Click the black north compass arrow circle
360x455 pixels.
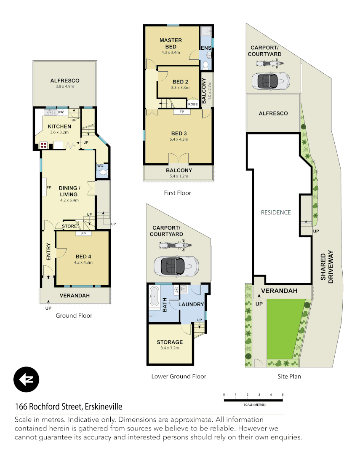[26, 380]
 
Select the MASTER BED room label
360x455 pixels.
[171, 43]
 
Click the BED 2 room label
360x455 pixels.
[180, 82]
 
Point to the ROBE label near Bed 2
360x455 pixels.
[193, 104]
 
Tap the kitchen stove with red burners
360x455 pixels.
[43, 145]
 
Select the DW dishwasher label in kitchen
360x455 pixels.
[61, 112]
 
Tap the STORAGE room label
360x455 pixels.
[170, 342]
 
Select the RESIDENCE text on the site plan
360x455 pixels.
[276, 212]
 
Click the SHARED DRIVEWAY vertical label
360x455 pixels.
[327, 268]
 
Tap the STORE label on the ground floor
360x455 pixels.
[69, 226]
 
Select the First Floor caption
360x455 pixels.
[177, 193]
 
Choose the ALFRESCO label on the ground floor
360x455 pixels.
[65, 80]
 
